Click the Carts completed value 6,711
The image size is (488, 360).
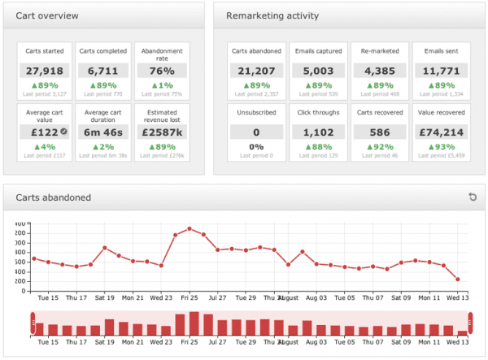pos(103,71)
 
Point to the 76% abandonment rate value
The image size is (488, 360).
pos(161,71)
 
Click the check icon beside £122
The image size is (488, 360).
pos(63,132)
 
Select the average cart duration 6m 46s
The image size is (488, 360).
pos(103,132)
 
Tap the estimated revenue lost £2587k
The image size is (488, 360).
pos(161,132)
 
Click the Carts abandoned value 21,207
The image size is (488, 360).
pos(256,71)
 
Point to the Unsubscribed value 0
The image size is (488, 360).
pos(256,132)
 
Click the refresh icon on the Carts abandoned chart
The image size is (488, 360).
pos(472,197)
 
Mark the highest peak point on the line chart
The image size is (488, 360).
pos(190,228)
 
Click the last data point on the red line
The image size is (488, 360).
pos(458,280)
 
